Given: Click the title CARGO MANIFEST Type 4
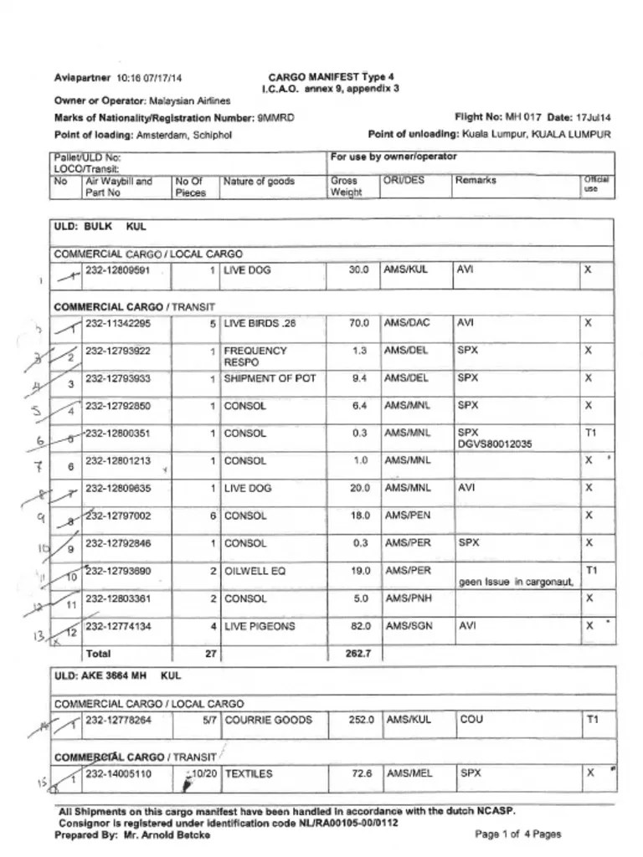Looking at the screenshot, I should click(x=331, y=76).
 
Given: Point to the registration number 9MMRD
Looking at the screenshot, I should click(x=275, y=118).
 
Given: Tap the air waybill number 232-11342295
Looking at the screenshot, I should click(x=117, y=323).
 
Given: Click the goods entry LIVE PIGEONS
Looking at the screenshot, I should click(x=260, y=626).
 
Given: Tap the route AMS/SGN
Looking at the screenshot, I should click(x=406, y=626).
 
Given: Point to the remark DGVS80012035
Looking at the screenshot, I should click(x=495, y=444).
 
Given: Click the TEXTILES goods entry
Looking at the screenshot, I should click(x=249, y=774).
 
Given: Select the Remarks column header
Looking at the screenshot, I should click(x=476, y=181).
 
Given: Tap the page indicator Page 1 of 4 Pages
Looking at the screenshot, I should click(x=517, y=834).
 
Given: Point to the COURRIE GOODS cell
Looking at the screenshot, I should click(x=268, y=720).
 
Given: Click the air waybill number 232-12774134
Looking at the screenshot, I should click(x=117, y=626).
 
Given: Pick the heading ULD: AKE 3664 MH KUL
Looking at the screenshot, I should click(x=117, y=675).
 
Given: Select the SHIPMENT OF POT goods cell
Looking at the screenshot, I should click(x=270, y=378).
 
